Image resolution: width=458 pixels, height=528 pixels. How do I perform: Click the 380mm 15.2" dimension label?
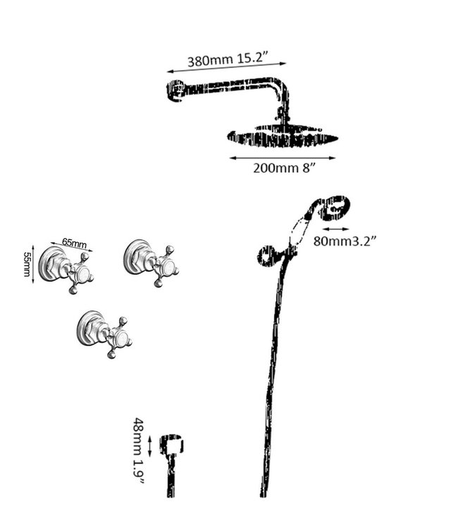[228, 60]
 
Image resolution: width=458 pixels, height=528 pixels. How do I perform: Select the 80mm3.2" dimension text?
[345, 241]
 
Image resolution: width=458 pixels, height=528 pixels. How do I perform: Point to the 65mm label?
[74, 243]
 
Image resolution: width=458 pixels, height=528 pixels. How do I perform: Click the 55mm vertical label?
[27, 264]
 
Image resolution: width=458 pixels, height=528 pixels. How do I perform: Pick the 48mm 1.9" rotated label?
[139, 451]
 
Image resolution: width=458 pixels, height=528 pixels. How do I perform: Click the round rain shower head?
[283, 137]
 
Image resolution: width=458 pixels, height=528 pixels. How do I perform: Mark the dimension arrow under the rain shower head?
[283, 158]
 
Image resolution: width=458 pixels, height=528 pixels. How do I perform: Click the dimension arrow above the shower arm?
[226, 67]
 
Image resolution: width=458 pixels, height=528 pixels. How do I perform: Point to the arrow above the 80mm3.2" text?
[335, 230]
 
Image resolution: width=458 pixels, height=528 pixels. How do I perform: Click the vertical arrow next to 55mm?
[33, 264]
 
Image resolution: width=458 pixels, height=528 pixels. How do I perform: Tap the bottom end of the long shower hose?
[263, 495]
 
